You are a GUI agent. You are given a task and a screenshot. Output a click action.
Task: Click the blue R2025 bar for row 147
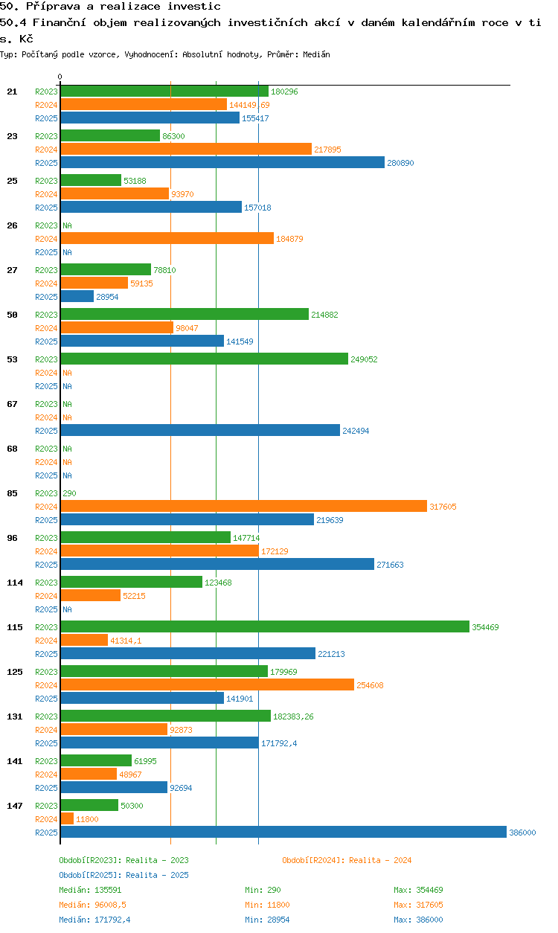pos(283,833)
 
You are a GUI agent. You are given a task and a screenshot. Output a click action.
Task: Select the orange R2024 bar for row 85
pos(243,507)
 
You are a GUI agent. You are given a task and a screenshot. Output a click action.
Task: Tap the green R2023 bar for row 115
pos(265,627)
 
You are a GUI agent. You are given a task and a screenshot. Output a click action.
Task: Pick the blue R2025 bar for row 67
pos(200,431)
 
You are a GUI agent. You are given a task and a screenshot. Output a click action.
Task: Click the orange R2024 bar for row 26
pos(167,239)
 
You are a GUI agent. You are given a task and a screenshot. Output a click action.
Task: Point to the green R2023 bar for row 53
pos(204,359)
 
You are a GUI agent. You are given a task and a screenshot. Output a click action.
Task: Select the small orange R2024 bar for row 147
pos(67,819)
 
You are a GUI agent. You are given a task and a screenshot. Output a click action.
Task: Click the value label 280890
pos(400,163)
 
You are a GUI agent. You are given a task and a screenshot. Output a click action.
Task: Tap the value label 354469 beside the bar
pos(485,627)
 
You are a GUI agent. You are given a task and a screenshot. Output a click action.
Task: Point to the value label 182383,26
pos(294,716)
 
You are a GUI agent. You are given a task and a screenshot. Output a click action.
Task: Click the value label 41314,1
pos(126,641)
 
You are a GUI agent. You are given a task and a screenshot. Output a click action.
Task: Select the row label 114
pos(14,583)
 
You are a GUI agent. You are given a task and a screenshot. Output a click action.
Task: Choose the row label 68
pos(12,449)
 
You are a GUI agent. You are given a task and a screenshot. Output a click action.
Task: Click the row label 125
pos(14,672)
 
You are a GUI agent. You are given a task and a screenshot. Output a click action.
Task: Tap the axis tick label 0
pos(60,77)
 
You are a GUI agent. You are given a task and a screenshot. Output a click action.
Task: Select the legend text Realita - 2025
pos(157,875)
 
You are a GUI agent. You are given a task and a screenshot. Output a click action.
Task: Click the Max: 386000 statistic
pos(418,920)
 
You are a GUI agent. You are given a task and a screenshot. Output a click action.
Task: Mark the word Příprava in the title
pos(53,7)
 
